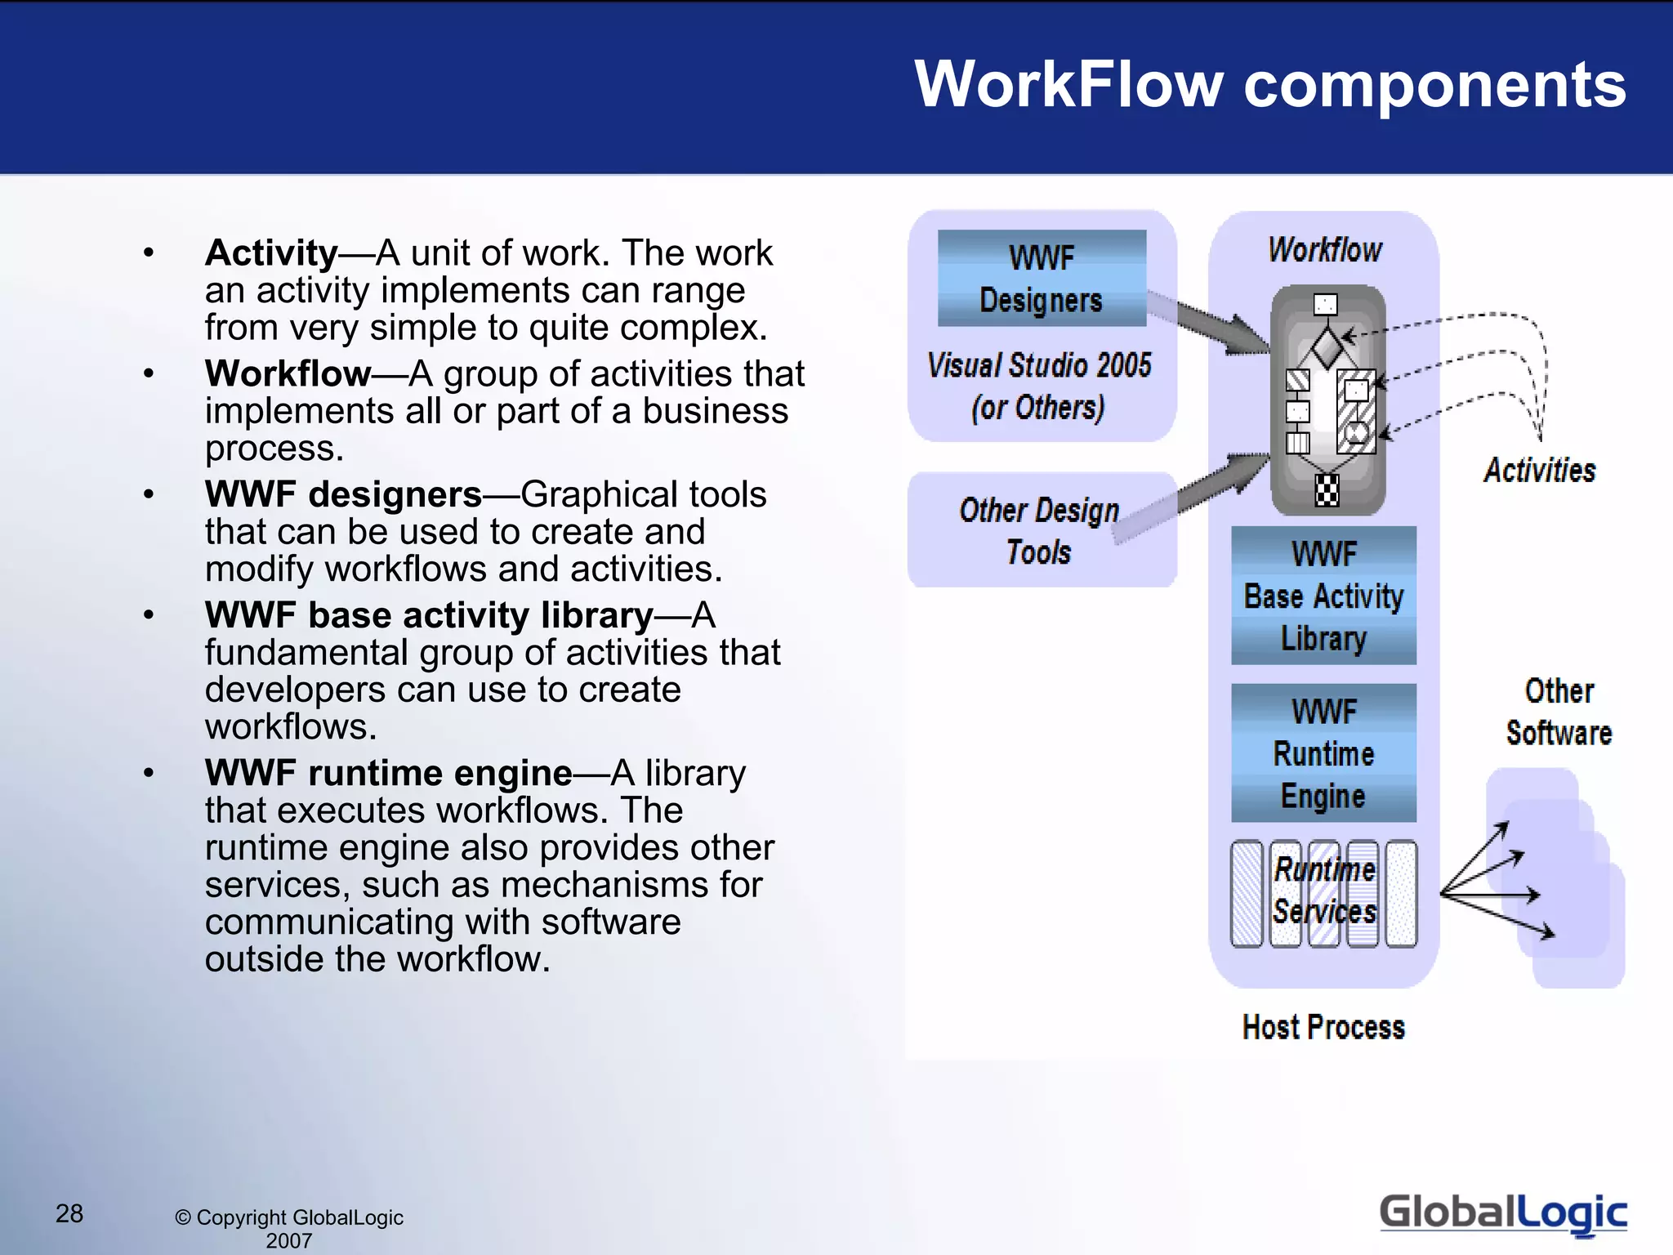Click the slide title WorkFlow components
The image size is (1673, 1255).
1270,84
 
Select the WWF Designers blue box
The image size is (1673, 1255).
1042,279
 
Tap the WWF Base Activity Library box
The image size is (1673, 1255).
1323,596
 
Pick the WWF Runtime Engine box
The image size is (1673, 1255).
1323,753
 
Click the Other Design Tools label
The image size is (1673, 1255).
1039,530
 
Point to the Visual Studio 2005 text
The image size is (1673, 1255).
1039,365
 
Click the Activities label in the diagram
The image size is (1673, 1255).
1539,471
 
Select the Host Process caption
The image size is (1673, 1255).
1323,1027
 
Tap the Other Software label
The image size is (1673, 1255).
1559,712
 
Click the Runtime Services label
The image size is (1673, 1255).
1324,891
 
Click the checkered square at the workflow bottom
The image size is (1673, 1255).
1327,490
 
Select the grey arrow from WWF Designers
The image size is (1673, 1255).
1209,321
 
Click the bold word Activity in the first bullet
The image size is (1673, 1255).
271,252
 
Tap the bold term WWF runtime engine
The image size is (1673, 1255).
388,773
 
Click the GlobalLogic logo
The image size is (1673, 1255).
1502,1213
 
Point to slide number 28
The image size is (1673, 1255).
69,1213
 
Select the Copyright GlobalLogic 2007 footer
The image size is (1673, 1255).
289,1228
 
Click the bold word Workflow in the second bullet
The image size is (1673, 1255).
288,373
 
